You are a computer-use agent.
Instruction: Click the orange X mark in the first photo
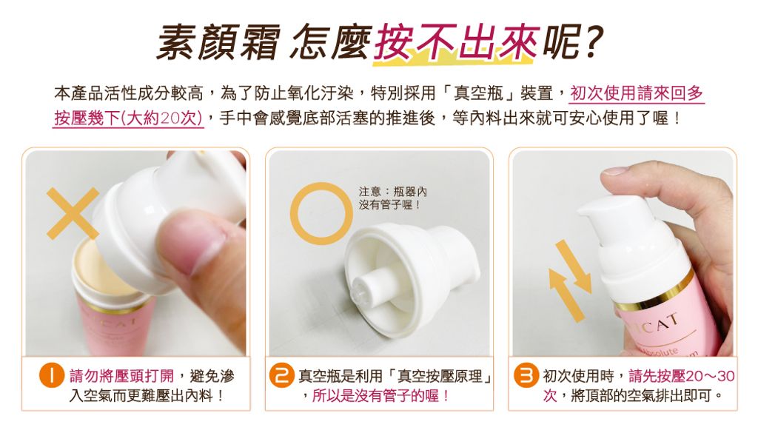coord(73,213)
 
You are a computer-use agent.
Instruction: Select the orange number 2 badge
coord(282,375)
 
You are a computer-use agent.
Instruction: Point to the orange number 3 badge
coord(526,375)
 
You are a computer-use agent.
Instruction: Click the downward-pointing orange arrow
coord(574,266)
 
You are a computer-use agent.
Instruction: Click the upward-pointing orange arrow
coord(566,295)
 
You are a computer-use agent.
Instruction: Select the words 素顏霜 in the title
coord(218,42)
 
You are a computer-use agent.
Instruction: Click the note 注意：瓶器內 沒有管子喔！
coord(392,198)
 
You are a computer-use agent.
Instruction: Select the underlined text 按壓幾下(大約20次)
coord(128,118)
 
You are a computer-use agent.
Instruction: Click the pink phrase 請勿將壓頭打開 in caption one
coord(121,375)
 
